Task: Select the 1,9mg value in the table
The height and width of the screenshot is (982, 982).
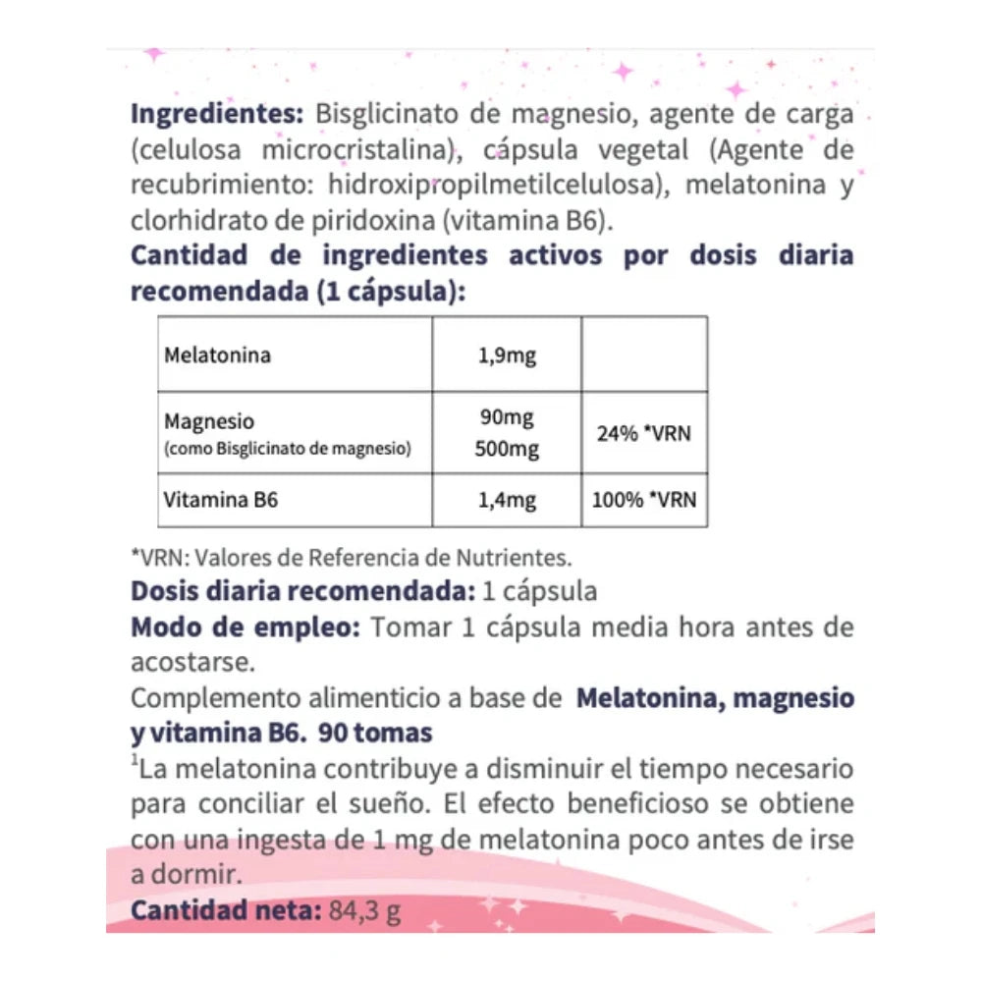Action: click(506, 355)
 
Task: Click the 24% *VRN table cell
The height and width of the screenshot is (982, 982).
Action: click(643, 432)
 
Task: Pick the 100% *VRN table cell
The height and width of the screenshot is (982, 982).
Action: click(643, 499)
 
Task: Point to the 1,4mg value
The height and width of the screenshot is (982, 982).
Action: click(506, 500)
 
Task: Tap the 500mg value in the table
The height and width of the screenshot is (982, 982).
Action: click(506, 450)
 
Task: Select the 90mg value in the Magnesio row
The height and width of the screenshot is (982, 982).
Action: click(506, 419)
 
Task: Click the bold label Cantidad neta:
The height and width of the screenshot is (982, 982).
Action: click(225, 911)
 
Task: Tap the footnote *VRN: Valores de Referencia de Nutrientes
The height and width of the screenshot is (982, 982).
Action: click(351, 558)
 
